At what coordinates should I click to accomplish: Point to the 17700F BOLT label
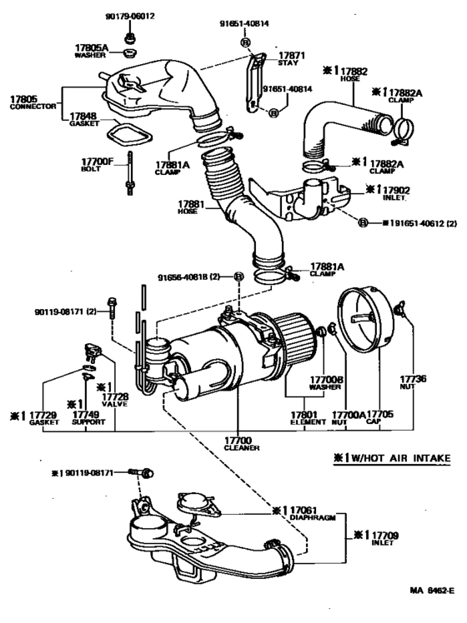[x=98, y=162]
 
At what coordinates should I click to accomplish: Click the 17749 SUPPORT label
[x=87, y=417]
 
